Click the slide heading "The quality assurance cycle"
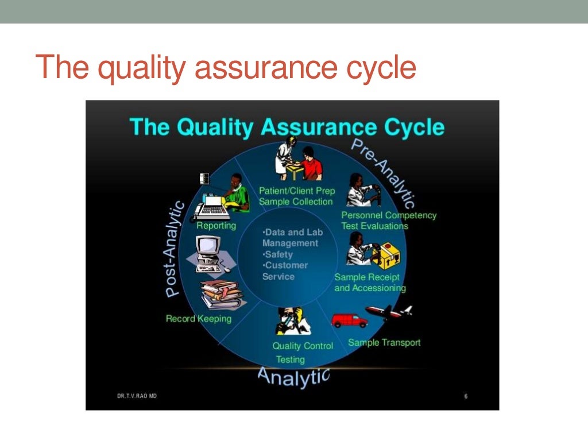tap(225, 67)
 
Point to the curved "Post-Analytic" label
tap(176, 249)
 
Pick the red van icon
tap(349, 320)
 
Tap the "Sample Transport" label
tap(384, 343)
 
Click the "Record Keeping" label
tap(198, 318)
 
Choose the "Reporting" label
tap(216, 226)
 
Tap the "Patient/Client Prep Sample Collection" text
tap(296, 196)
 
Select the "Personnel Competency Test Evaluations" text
tap(389, 220)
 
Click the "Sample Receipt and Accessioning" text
tap(370, 283)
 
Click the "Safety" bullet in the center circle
tap(279, 254)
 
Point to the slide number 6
tap(466, 397)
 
